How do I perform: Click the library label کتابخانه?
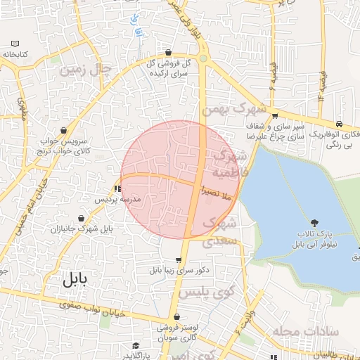coord(14,54)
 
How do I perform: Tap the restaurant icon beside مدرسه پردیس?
coord(117,188)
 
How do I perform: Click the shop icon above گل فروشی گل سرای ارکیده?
coord(168,53)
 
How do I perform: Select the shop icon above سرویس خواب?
coord(65,130)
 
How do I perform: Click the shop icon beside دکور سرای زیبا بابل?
coord(168,259)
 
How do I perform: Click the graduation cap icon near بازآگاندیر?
coord(135,346)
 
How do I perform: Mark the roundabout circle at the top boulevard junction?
coord(203,59)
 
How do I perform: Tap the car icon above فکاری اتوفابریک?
coord(340,122)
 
